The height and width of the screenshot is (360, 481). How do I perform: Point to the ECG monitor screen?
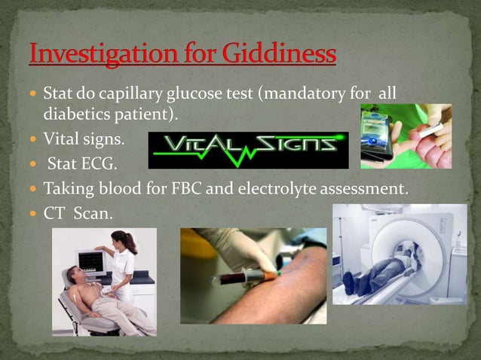pyautogui.click(x=91, y=261)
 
